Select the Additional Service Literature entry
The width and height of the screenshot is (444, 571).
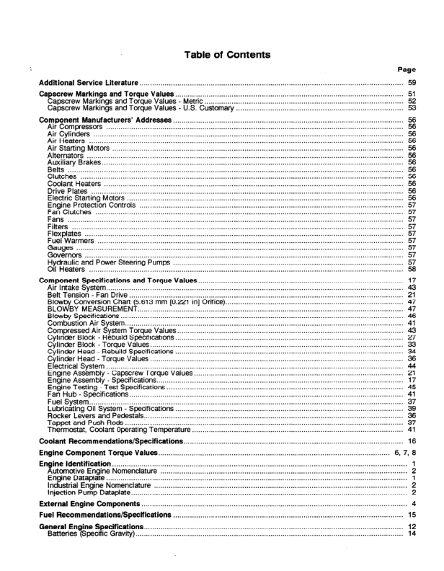[x=88, y=84]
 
